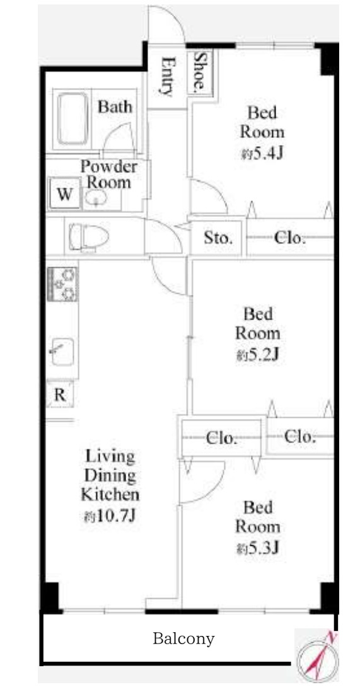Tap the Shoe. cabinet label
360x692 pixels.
(200, 71)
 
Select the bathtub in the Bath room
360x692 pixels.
(73, 118)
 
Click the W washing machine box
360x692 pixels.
(65, 193)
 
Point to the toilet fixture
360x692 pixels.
(88, 237)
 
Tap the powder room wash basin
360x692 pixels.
(95, 199)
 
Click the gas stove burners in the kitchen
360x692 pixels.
(62, 284)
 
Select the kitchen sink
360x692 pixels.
(62, 352)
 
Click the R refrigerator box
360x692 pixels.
(60, 395)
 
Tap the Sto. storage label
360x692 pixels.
(218, 238)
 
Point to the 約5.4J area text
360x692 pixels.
(262, 154)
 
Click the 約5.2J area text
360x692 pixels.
(257, 355)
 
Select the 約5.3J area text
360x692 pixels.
(257, 548)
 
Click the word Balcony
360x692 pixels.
(183, 638)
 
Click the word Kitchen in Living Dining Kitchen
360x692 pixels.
(110, 495)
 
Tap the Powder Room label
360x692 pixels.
(108, 175)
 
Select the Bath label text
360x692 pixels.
(115, 107)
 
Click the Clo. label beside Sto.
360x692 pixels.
(290, 238)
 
